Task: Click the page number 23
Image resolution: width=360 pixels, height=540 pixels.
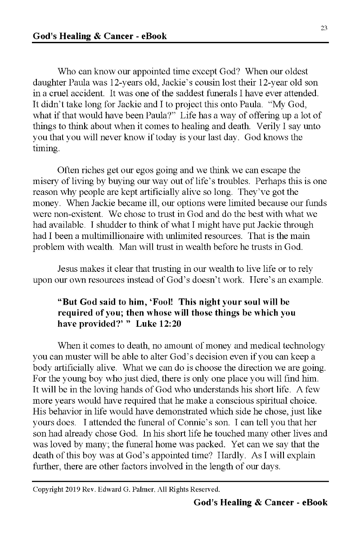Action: click(x=324, y=28)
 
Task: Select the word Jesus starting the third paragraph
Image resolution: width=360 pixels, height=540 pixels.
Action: click(x=68, y=269)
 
